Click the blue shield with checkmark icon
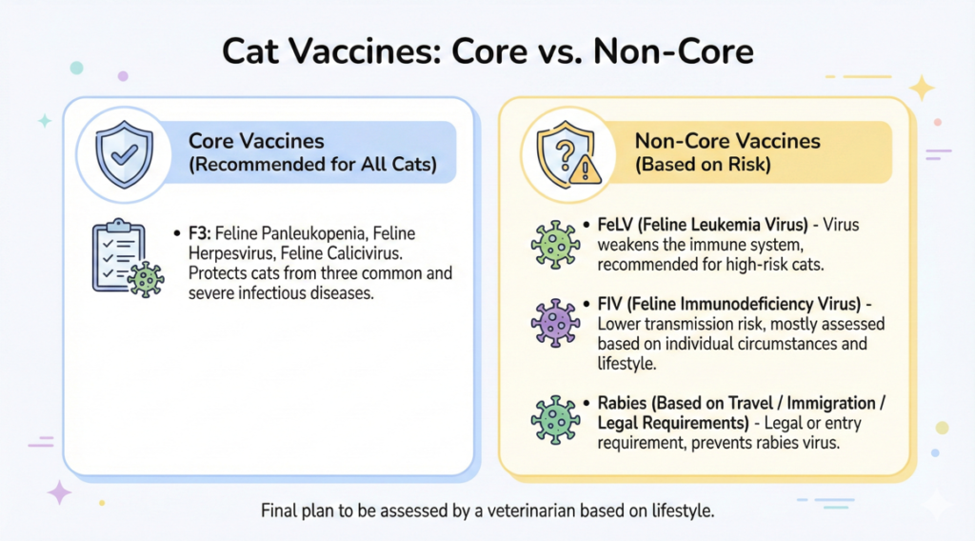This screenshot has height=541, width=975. click(x=125, y=154)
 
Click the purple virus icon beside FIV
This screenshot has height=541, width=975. click(x=555, y=323)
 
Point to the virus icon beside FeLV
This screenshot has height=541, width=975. click(x=555, y=245)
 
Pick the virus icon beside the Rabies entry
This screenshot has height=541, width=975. click(x=555, y=420)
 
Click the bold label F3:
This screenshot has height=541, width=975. click(x=200, y=233)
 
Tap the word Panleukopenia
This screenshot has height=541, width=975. click(x=312, y=233)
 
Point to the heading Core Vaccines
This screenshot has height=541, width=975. click(x=256, y=141)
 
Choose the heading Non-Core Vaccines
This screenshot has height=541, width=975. click(x=726, y=141)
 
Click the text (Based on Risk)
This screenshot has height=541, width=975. click(x=703, y=164)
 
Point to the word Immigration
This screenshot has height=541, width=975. click(x=831, y=404)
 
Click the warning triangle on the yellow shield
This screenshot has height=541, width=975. click(x=586, y=170)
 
